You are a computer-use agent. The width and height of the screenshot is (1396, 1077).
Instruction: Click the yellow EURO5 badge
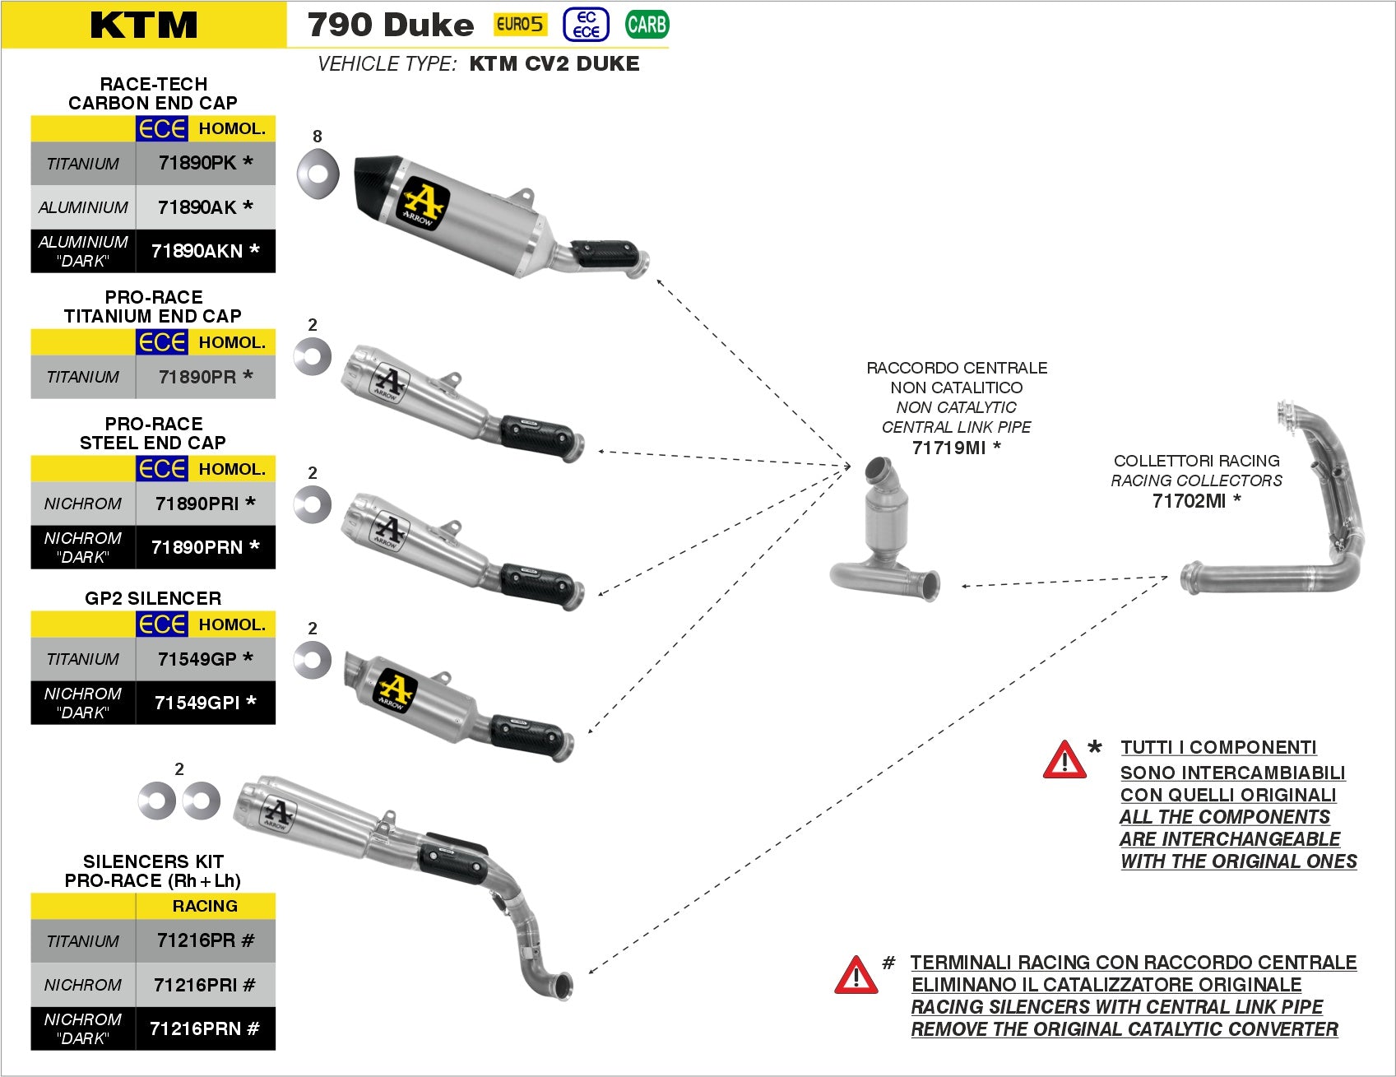(x=519, y=25)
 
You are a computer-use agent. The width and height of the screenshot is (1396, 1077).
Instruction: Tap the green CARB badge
(x=647, y=25)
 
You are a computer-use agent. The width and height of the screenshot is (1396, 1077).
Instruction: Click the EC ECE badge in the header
(x=586, y=25)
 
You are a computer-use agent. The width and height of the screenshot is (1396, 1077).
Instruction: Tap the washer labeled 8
(x=318, y=174)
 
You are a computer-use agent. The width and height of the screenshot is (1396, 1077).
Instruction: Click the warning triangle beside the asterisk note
(x=1064, y=760)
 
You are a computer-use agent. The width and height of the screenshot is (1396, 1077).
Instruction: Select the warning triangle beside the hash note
(x=856, y=976)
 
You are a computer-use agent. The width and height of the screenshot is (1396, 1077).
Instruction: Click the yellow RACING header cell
(x=205, y=906)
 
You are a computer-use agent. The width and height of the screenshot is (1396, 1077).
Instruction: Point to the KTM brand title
(x=144, y=25)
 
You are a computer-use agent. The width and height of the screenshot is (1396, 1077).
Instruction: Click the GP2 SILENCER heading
(x=153, y=598)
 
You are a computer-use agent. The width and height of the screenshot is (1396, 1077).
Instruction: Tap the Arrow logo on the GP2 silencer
(x=395, y=689)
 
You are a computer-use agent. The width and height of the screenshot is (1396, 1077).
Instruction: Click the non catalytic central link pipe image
(x=884, y=535)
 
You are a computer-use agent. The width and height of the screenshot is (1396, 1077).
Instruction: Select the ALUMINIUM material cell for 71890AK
(x=83, y=207)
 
